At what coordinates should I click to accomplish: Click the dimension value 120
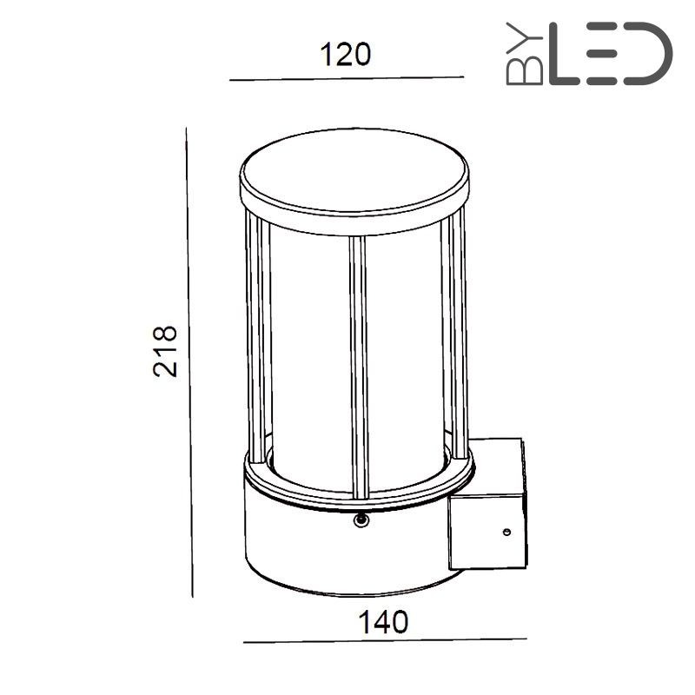pyautogui.click(x=346, y=55)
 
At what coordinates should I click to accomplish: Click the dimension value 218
pyautogui.click(x=165, y=350)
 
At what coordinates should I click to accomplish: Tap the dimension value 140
pyautogui.click(x=383, y=622)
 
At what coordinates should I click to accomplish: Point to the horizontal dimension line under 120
pyautogui.click(x=347, y=79)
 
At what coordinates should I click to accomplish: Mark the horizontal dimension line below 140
pyautogui.click(x=384, y=643)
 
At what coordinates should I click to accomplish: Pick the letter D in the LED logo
pyautogui.click(x=650, y=55)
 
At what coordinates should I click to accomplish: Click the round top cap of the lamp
pyautogui.click(x=354, y=171)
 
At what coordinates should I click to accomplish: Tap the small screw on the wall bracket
pyautogui.click(x=505, y=532)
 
